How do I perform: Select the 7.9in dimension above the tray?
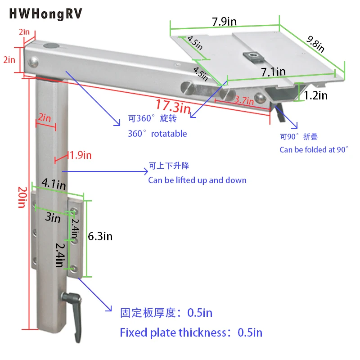tap(224, 21)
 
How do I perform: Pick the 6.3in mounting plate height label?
tap(100, 236)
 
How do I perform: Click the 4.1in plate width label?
tap(54, 184)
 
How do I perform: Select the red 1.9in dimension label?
tap(80, 156)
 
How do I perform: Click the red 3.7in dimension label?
tap(245, 101)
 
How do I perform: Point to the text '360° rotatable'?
tap(157, 134)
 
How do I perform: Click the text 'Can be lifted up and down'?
tap(197, 180)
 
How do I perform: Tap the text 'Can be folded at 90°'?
tap(314, 149)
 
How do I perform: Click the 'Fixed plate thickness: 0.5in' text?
tap(191, 333)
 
